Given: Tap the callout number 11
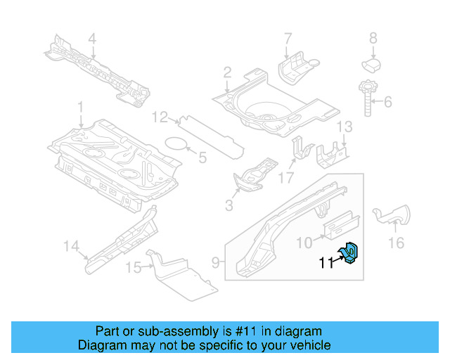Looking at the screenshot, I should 326,264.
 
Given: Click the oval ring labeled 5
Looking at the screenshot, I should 176,146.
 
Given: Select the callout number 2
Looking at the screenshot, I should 228,72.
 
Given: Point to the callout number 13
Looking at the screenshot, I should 344,127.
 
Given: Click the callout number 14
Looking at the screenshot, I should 71,245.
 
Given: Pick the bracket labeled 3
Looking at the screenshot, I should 252,176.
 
